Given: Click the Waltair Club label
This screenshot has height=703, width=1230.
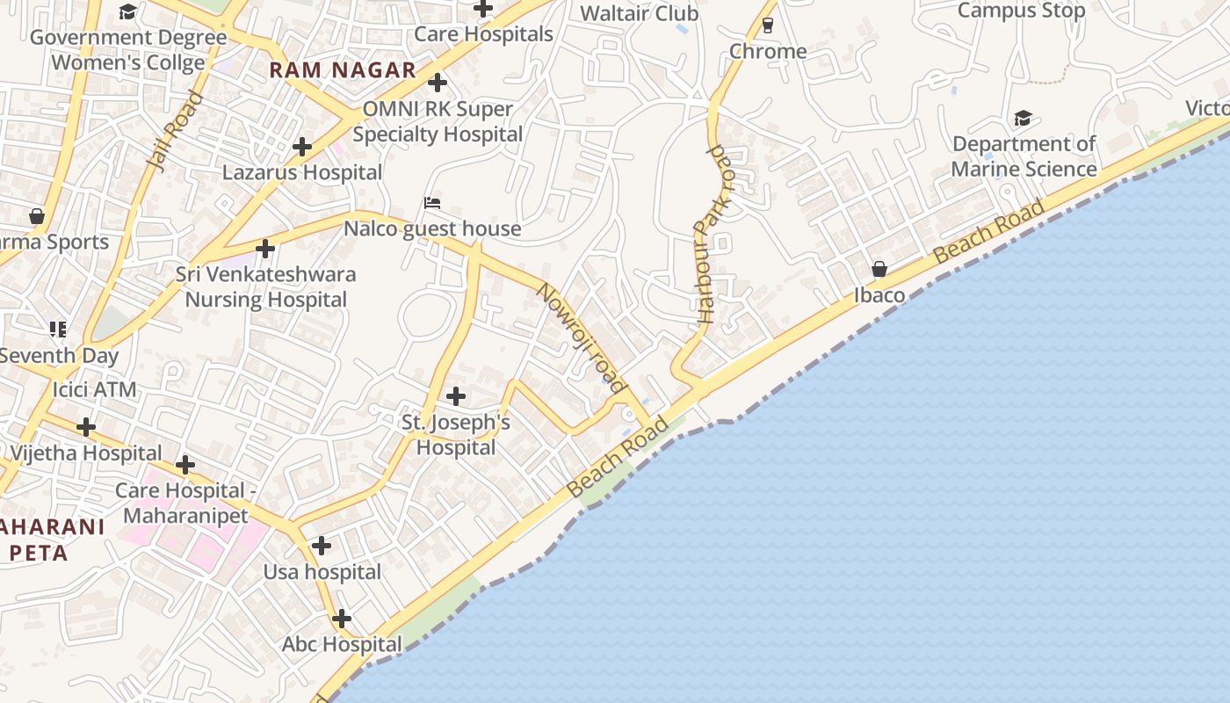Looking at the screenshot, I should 640,13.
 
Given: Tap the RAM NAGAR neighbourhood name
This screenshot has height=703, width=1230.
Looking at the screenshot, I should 343,70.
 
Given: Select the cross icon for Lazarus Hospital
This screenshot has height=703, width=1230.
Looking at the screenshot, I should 302,147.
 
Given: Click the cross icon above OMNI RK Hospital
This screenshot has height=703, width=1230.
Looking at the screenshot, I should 438,83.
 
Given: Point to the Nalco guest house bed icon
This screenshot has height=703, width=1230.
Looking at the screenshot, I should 431,203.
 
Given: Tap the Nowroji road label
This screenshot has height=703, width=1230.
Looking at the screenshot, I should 581,337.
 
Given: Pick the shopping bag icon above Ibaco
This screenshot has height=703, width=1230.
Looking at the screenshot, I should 879,269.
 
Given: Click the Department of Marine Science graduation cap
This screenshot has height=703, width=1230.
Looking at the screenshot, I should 1023,119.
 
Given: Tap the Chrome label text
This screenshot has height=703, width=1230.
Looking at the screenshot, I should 768,51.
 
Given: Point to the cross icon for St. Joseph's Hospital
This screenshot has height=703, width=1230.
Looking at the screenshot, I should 456,396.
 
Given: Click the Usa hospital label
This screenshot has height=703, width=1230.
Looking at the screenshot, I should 322,572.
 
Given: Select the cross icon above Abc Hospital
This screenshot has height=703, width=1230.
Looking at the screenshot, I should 342,619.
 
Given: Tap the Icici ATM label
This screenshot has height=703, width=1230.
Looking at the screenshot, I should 95,389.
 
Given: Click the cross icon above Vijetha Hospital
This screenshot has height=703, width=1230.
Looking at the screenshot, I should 85,427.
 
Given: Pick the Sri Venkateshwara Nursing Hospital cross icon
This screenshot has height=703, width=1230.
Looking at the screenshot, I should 265,249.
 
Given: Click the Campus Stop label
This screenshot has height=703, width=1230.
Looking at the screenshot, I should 1021,11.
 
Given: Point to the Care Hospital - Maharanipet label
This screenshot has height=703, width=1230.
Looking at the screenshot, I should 182,503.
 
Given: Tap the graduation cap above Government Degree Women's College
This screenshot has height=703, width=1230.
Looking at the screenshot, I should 128,11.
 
